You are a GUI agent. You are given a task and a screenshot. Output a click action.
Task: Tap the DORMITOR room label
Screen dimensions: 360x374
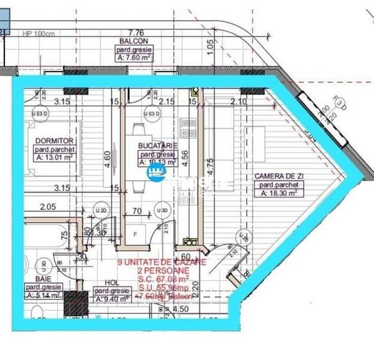coord(47,141)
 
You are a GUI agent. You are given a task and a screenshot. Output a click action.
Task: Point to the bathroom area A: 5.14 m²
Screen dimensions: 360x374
coord(42,296)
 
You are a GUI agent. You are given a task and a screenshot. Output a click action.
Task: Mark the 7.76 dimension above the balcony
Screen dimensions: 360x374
coord(136,31)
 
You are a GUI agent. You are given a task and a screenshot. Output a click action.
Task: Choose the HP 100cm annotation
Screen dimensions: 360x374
coord(38,34)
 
